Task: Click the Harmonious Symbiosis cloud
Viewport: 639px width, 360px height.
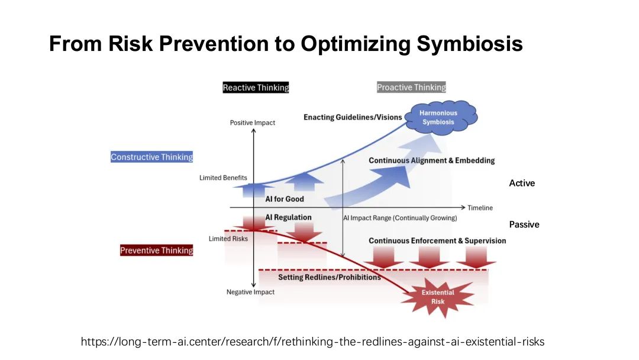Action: pyautogui.click(x=441, y=117)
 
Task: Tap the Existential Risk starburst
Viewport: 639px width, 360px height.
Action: pyautogui.click(x=438, y=297)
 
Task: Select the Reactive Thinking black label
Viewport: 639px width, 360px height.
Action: pyautogui.click(x=256, y=87)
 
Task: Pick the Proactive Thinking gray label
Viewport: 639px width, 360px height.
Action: pyautogui.click(x=411, y=87)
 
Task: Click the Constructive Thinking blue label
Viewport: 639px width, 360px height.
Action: pyautogui.click(x=151, y=157)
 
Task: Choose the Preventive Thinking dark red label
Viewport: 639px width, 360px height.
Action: pyautogui.click(x=156, y=250)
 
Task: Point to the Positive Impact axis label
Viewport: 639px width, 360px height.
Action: pyautogui.click(x=252, y=123)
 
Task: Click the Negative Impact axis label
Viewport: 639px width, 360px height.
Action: pyautogui.click(x=250, y=292)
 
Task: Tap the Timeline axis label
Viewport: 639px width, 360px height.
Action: pyautogui.click(x=480, y=208)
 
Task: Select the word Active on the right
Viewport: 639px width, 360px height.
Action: pyautogui.click(x=522, y=183)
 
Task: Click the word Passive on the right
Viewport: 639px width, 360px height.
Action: pyautogui.click(x=524, y=224)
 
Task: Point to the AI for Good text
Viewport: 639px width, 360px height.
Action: pyautogui.click(x=285, y=199)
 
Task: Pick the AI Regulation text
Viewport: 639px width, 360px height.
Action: pyautogui.click(x=288, y=217)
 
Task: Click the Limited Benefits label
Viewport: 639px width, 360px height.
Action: pyautogui.click(x=223, y=178)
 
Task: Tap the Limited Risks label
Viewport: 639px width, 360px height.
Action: pyautogui.click(x=228, y=239)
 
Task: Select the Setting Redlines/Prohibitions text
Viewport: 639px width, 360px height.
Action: pyautogui.click(x=330, y=277)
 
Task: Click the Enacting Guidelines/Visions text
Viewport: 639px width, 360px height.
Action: pyautogui.click(x=353, y=117)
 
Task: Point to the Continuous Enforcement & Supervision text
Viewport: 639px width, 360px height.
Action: pyautogui.click(x=437, y=241)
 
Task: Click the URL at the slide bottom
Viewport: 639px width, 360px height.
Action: pyautogui.click(x=312, y=342)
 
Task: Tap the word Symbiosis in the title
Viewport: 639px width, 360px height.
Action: pyautogui.click(x=469, y=44)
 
